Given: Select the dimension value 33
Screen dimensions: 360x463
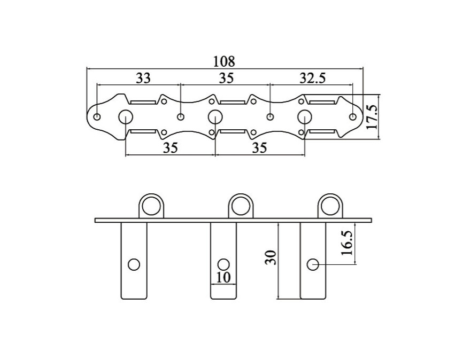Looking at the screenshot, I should coord(143,78).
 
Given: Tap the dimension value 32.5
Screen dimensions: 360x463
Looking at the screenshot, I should coord(312,78).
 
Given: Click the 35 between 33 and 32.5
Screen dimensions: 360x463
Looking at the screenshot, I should coord(226,78).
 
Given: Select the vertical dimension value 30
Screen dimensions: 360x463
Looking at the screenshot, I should coord(271,258).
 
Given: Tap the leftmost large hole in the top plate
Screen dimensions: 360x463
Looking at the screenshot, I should coord(126,116).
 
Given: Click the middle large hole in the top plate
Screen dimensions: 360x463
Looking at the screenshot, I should coord(215,116).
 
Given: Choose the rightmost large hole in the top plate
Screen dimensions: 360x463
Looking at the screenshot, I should coord(305,116).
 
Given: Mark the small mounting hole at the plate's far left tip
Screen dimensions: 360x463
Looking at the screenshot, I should coord(97,116).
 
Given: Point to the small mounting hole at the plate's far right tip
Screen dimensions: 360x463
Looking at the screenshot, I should coord(352,116).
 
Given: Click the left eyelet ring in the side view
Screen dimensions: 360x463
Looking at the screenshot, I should coord(151,205).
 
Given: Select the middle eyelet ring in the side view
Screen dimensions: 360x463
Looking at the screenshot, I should coord(241,205).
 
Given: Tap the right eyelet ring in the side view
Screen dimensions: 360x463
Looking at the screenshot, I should coord(330,205).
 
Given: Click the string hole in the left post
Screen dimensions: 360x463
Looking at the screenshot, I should coord(134,264).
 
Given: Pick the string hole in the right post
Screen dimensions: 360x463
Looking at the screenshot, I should coord(313,264).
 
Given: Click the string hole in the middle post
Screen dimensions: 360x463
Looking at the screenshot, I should coord(223,264).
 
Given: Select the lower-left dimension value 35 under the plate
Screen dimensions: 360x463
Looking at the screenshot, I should coord(170,148).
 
